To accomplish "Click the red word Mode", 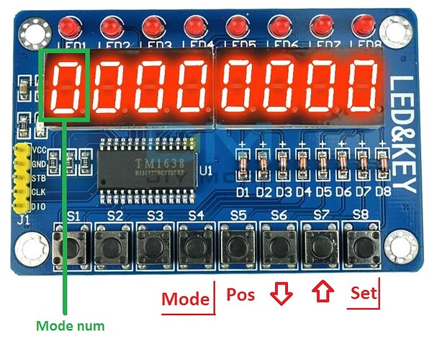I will [185, 299].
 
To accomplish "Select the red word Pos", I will [241, 294].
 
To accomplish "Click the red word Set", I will [364, 294].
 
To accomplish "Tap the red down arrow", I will [282, 295].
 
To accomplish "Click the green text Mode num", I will [70, 326].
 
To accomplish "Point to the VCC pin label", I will [39, 150].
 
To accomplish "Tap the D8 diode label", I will [383, 192].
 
